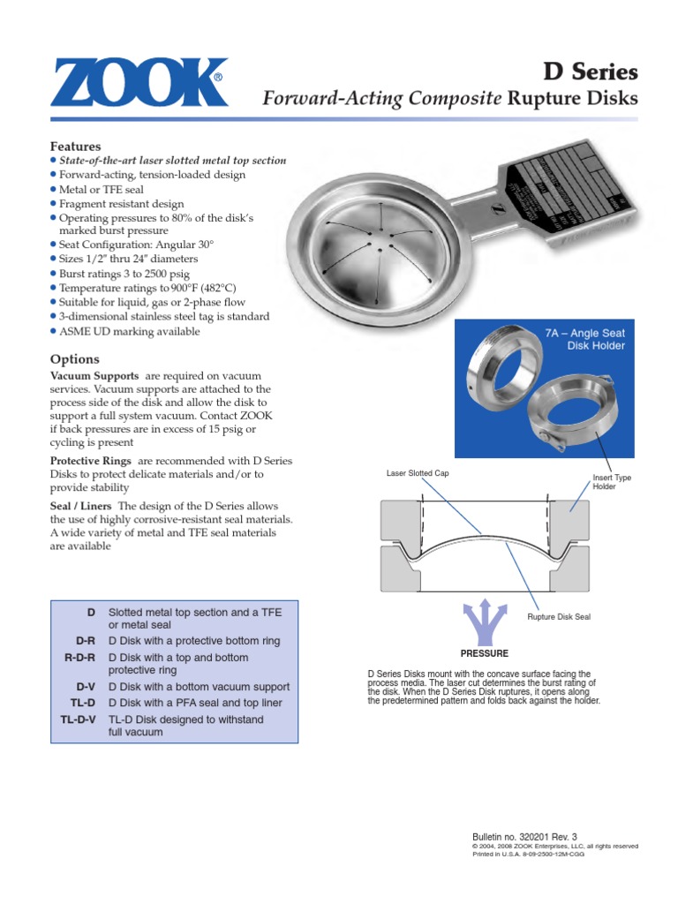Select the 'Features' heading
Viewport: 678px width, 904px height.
pyautogui.click(x=75, y=146)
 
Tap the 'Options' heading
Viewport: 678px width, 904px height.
pyautogui.click(x=74, y=359)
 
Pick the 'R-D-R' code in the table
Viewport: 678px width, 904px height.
pyautogui.click(x=80, y=658)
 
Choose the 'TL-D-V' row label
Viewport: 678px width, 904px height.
pyautogui.click(x=78, y=719)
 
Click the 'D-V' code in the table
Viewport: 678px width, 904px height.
pyautogui.click(x=87, y=687)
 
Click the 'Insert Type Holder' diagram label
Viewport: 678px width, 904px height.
pyautogui.click(x=612, y=482)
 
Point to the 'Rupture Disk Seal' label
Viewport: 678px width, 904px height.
pyautogui.click(x=558, y=617)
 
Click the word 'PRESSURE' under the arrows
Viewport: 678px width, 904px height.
pyautogui.click(x=485, y=653)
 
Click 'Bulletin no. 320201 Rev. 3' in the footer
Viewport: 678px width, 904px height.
pyautogui.click(x=525, y=836)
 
